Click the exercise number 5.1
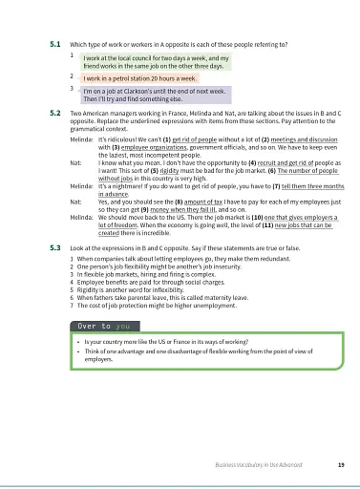(54, 45)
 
